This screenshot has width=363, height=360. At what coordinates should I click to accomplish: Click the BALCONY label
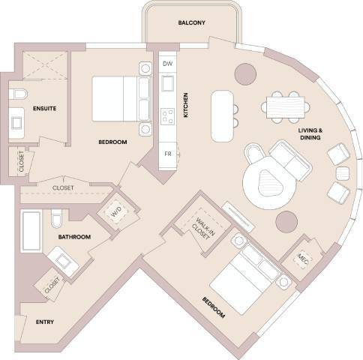tap(192, 22)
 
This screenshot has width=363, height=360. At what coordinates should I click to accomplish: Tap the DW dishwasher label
tap(167, 64)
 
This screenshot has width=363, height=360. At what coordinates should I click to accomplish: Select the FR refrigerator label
tap(168, 154)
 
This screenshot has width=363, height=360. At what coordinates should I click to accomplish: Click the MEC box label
tap(302, 258)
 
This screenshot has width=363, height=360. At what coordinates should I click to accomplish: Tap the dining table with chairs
tap(285, 106)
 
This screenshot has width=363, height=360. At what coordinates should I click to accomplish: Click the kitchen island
tap(222, 116)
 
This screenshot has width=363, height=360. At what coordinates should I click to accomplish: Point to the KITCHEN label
tap(185, 106)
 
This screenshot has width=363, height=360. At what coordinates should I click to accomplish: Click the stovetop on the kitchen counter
tap(167, 114)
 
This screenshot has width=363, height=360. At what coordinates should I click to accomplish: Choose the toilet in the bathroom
tap(56, 219)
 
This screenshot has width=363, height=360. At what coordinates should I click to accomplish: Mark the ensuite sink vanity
tap(17, 122)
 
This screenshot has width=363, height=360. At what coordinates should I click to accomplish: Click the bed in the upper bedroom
tap(116, 94)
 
